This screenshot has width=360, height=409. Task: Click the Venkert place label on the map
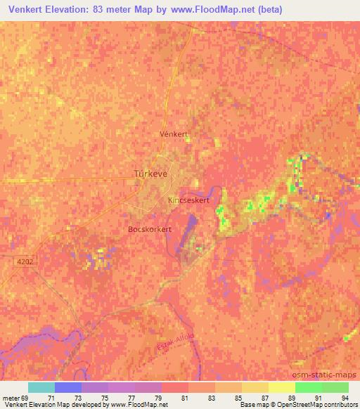[x=175, y=133]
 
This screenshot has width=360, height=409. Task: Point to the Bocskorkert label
[x=150, y=229]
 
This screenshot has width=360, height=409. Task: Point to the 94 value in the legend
[x=345, y=397]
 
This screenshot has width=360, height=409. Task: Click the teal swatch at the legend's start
[x=41, y=387]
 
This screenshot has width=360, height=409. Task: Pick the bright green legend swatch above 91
[x=308, y=387]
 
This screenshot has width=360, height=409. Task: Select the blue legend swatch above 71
[x=67, y=387]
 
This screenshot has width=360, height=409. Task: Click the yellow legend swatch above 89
[x=281, y=387]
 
